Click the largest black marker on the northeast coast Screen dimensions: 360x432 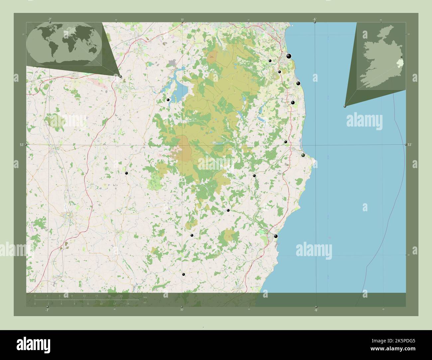tap(289, 56)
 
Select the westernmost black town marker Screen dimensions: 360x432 tap(126, 173)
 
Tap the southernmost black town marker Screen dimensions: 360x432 tap(183, 274)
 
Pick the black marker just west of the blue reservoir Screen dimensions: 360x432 tap(168, 100)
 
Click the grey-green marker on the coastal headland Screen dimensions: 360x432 tap(303, 155)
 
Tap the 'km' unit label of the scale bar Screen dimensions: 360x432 tap(145, 297)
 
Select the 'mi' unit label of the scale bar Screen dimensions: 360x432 tap(145, 303)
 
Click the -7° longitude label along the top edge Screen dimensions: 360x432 tap(50, 19)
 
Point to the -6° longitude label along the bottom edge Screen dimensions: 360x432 tap(316, 310)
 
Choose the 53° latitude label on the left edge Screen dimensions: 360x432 tap(22, 145)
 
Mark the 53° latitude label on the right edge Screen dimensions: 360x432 tap(410, 145)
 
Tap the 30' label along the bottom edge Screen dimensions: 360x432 tap(182, 310)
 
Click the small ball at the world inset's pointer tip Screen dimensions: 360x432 tap(120, 76)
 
